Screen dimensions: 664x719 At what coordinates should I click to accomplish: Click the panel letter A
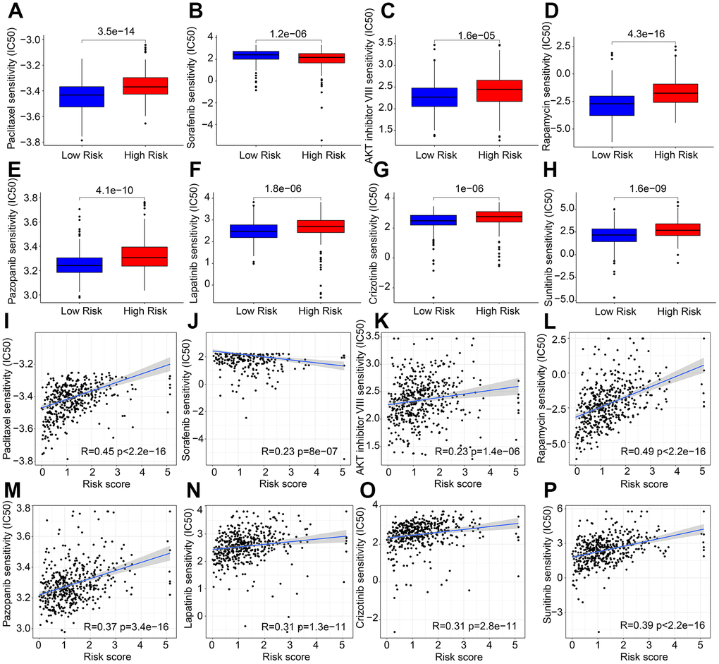[15, 12]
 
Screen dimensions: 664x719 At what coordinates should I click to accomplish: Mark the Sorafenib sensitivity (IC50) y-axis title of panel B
[190, 88]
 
